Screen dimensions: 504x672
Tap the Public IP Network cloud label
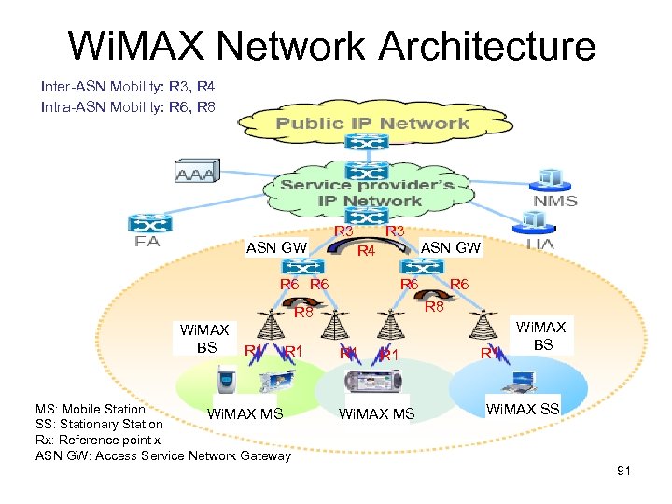[x=371, y=123]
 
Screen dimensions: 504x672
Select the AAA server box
[x=195, y=174]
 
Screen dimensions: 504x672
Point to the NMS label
[x=555, y=200]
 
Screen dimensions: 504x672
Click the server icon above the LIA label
[x=535, y=221]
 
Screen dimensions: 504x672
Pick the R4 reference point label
[x=367, y=250]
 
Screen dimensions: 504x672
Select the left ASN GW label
[x=276, y=248]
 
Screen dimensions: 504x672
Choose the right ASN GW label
[x=451, y=246]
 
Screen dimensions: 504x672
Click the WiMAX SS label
[x=524, y=409]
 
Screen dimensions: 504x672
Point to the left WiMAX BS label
[x=206, y=338]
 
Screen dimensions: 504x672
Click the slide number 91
[x=623, y=470]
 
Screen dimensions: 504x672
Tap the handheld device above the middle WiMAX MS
[x=371, y=381]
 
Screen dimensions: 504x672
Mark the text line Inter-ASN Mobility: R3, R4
[x=128, y=87]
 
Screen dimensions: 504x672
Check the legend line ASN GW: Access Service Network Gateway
[x=163, y=455]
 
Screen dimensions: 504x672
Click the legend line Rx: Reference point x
[x=98, y=440]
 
